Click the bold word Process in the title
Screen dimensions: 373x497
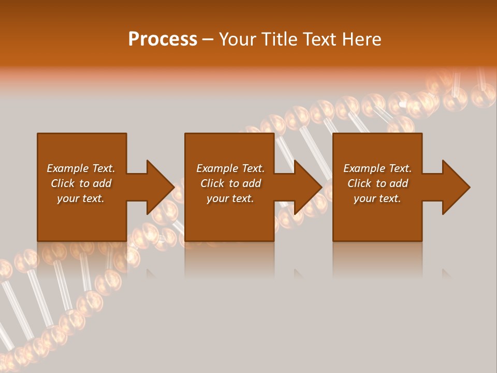163,39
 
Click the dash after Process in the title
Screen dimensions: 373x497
208,40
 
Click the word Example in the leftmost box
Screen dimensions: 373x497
68,168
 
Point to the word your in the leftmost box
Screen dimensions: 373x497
68,198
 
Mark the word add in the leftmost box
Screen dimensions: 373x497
102,183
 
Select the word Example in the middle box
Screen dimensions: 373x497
217,168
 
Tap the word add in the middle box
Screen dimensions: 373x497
252,183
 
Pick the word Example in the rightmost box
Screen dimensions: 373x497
364,168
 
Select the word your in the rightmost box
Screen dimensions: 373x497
364,198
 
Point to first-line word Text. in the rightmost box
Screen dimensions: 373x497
400,168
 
